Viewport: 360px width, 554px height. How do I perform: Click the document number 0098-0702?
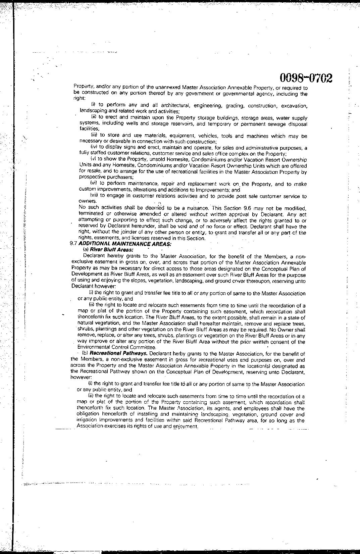pos(306,78)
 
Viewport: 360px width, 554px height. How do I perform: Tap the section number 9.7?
pos(73,244)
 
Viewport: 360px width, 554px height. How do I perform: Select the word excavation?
pos(294,106)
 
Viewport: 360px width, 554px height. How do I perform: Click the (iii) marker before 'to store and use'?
pos(94,136)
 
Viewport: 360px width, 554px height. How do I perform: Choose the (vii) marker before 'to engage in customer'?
pos(94,196)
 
